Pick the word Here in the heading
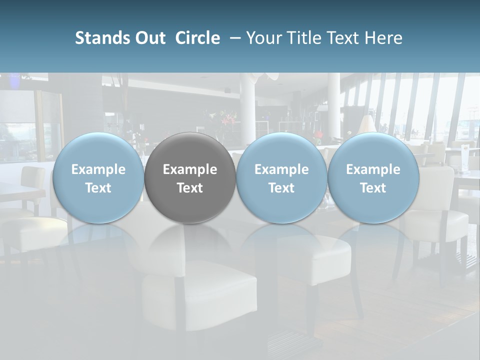384,38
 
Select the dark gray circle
190,178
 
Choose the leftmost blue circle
98,178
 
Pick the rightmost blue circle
373,178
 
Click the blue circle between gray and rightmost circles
281,178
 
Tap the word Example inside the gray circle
190,169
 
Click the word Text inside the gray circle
190,188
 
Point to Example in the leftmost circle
98,169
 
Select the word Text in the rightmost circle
373,188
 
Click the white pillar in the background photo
247,105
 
